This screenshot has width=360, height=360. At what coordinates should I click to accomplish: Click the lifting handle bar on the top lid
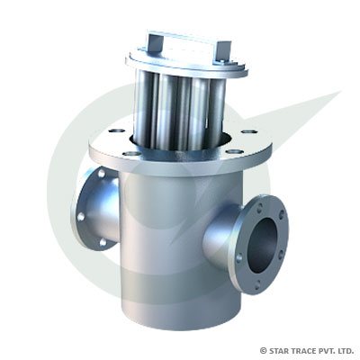coord(184,40)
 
